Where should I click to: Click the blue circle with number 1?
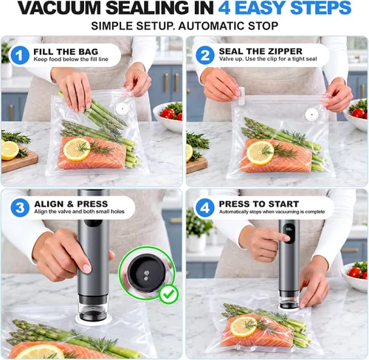point(19,55)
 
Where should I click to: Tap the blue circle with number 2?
point(205,55)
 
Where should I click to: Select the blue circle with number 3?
point(20,207)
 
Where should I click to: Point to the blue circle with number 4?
point(205,208)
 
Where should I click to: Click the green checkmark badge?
point(169,294)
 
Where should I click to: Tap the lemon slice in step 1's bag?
point(77,150)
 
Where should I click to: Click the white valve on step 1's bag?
point(122,108)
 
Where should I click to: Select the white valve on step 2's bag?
point(311,114)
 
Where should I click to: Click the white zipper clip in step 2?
point(241,96)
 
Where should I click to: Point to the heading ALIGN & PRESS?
point(71,204)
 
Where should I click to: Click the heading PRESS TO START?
point(259,204)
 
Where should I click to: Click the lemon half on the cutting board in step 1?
point(10,150)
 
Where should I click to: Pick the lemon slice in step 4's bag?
point(244,326)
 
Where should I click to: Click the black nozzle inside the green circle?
point(147,273)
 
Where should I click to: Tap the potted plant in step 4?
point(199,230)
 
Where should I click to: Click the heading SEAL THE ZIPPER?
point(261,51)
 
